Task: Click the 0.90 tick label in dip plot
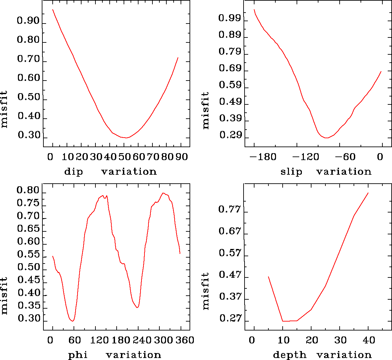28,21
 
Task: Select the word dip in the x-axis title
74,172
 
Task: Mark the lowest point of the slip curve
326,138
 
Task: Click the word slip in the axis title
291,172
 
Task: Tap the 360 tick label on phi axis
184,340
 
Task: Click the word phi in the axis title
78,355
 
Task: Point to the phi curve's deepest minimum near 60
72,321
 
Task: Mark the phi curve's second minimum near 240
137,308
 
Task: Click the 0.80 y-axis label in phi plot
28,191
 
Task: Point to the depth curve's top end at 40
368,193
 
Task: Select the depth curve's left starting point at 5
268,276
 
